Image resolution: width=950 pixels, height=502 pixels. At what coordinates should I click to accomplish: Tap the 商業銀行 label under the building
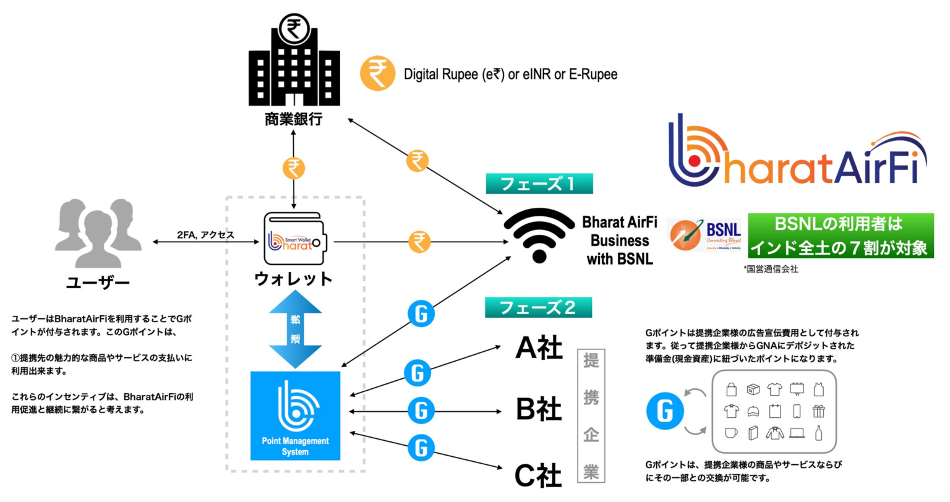point(294,119)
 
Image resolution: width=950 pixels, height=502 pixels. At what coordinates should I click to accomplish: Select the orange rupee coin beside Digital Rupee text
point(377,74)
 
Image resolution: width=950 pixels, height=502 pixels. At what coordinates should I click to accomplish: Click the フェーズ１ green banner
point(539,184)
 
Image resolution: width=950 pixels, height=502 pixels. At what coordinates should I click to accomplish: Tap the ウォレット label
point(294,279)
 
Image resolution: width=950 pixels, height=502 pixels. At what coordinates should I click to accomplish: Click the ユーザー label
point(98,283)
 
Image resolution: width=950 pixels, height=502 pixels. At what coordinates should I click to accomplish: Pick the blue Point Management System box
point(295,415)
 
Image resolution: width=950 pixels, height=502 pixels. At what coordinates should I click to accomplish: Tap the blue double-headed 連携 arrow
point(295,329)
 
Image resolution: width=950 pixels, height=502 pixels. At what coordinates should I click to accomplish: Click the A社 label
point(539,349)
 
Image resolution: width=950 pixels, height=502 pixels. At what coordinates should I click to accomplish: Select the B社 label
point(539,409)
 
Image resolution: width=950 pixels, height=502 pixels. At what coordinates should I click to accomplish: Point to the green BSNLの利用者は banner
point(841,236)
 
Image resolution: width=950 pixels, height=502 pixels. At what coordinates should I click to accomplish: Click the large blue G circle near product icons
point(665,411)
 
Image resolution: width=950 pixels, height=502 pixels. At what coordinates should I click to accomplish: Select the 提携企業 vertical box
point(591,415)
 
